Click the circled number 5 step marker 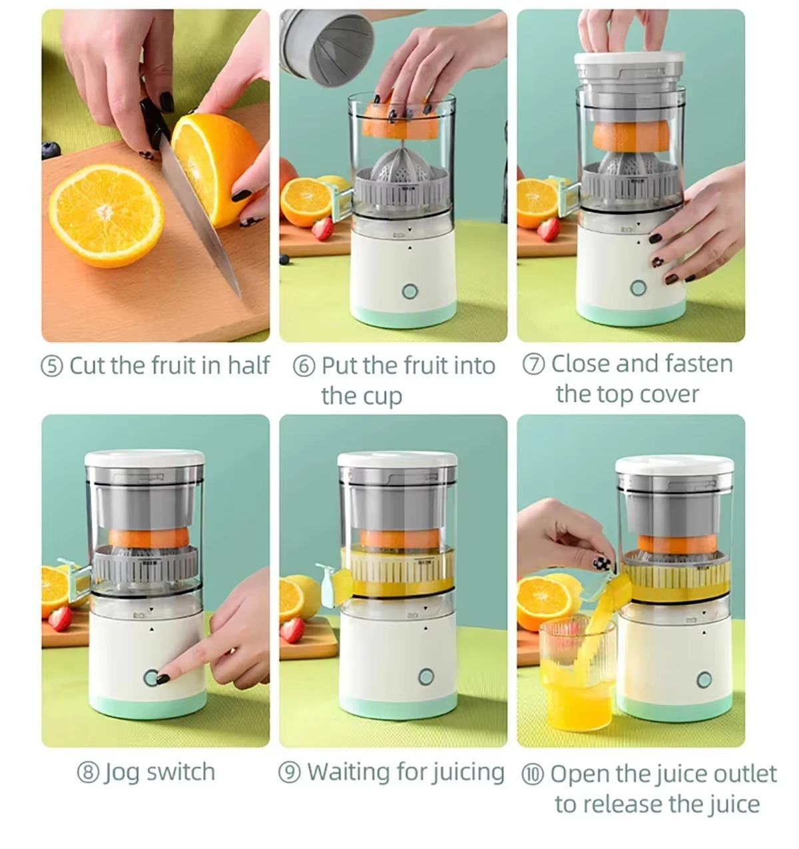(53, 366)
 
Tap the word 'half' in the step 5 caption (248, 365)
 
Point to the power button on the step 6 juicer (409, 291)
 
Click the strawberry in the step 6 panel (323, 229)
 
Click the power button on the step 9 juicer (426, 677)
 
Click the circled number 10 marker (532, 774)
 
